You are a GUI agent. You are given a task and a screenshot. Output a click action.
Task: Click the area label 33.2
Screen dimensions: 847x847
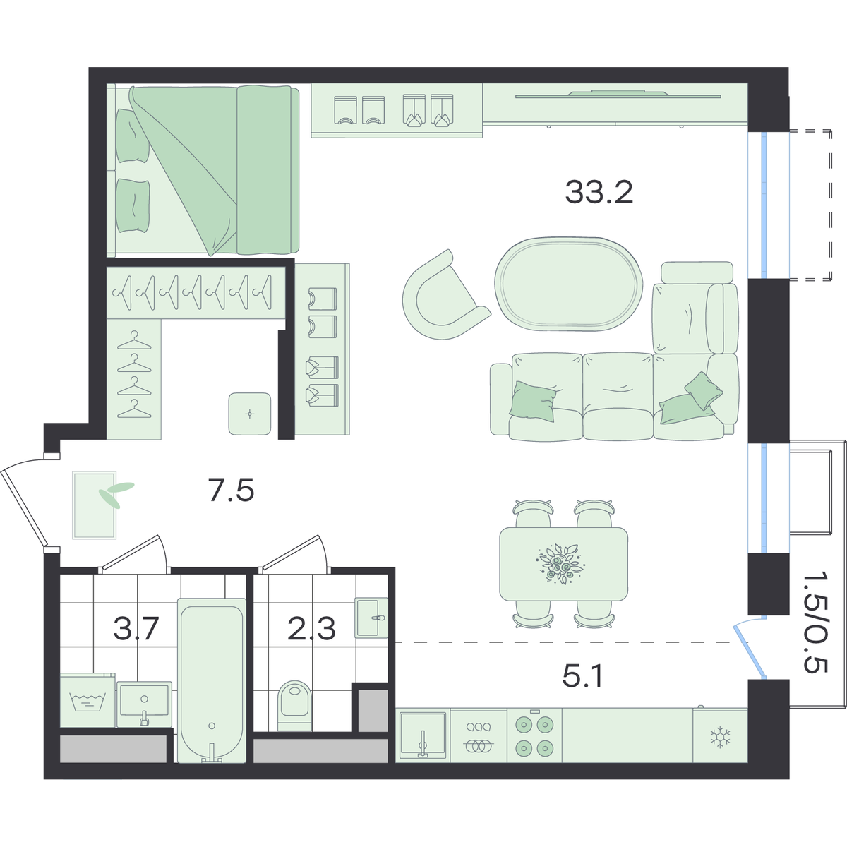pyautogui.click(x=599, y=193)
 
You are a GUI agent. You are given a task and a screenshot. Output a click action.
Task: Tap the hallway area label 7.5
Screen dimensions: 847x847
pyautogui.click(x=231, y=491)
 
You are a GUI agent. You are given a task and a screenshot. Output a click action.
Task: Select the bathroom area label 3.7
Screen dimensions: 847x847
pyautogui.click(x=136, y=629)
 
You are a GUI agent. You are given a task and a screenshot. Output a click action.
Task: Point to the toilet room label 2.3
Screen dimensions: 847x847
pyautogui.click(x=312, y=629)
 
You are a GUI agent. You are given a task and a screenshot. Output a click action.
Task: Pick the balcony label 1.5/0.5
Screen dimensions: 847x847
pyautogui.click(x=816, y=628)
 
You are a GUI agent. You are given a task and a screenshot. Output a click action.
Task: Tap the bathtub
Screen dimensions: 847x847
pyautogui.click(x=212, y=680)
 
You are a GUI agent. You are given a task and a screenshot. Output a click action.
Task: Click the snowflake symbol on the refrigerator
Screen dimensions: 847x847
pyautogui.click(x=720, y=737)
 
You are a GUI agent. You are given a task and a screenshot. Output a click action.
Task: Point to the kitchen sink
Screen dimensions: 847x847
pyautogui.click(x=422, y=735)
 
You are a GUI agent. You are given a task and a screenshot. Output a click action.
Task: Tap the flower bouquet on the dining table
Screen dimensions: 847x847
pyautogui.click(x=560, y=564)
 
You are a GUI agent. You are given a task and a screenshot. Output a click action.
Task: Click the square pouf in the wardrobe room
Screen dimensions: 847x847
pyautogui.click(x=250, y=414)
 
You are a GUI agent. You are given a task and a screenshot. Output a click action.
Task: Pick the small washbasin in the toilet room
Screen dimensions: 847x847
pyautogui.click(x=371, y=618)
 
